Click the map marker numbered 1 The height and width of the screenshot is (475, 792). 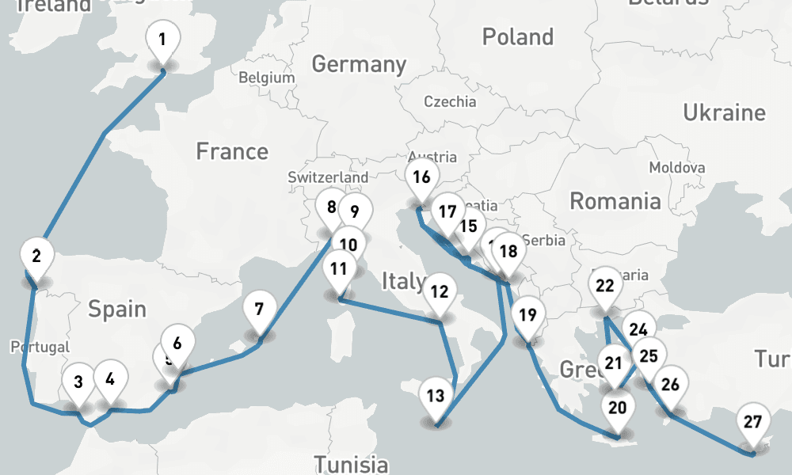click(x=162, y=40)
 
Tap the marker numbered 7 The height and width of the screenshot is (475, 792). click(x=259, y=309)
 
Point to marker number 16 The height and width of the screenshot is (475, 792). click(x=421, y=177)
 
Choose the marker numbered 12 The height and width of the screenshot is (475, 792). click(x=440, y=291)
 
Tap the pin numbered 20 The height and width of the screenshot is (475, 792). click(x=618, y=408)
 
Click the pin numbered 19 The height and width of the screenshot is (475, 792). click(x=527, y=315)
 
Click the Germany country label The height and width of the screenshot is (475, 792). click(x=359, y=64)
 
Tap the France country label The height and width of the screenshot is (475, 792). click(x=232, y=150)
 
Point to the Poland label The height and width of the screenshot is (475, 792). click(x=518, y=36)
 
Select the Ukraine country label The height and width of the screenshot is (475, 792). click(x=724, y=112)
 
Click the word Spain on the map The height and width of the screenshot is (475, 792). click(x=117, y=308)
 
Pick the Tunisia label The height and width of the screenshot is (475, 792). click(x=351, y=464)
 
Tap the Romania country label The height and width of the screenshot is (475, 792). click(x=615, y=201)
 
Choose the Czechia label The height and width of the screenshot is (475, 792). click(x=450, y=101)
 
